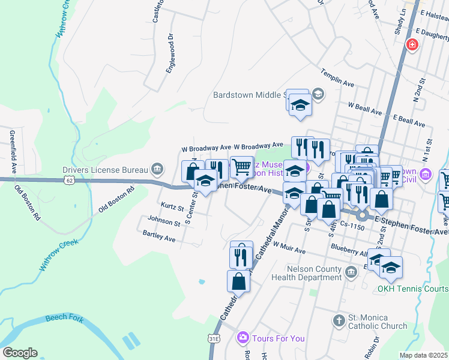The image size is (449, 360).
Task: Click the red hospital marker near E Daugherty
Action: pyautogui.click(x=412, y=44)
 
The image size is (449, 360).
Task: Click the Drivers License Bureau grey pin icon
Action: pyautogui.click(x=157, y=168)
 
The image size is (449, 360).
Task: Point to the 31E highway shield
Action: pyautogui.click(x=214, y=339)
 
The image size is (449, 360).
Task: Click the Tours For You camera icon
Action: pyautogui.click(x=243, y=338)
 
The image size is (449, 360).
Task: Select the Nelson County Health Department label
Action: pyautogui.click(x=306, y=273)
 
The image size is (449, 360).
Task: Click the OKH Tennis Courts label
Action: pyautogui.click(x=412, y=289)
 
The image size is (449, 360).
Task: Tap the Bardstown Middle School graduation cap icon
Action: pyautogui.click(x=318, y=94)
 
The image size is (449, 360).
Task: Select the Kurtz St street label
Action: pyautogui.click(x=172, y=206)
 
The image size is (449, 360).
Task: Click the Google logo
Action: pyautogui.click(x=20, y=352)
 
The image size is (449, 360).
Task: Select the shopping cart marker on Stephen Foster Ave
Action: pyautogui.click(x=241, y=167)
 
